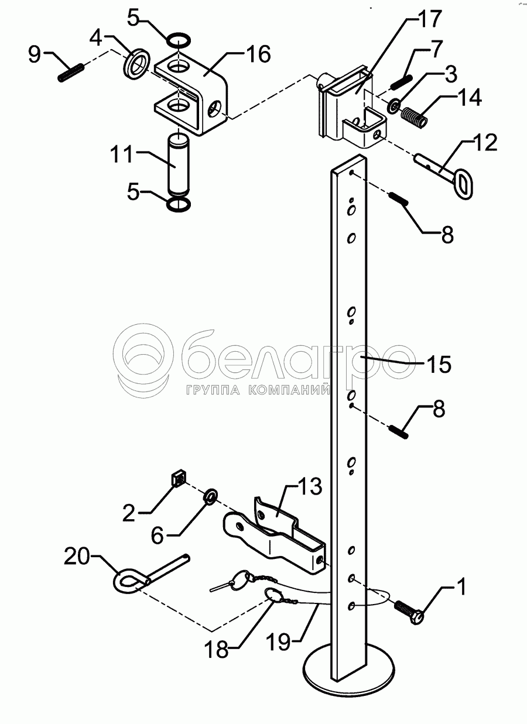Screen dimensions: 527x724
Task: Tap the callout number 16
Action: (x=258, y=55)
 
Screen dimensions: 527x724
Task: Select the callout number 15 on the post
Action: (x=438, y=364)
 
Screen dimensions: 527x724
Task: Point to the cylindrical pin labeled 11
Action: (x=179, y=165)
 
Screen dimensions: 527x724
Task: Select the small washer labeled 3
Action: (x=393, y=105)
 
